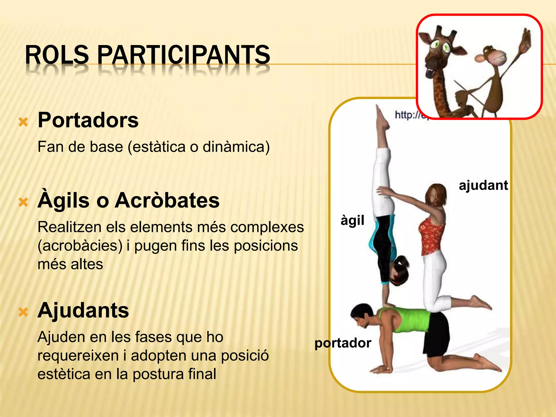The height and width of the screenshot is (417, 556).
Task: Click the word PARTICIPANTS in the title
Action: (x=184, y=55)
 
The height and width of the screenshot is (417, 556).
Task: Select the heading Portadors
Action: (x=88, y=120)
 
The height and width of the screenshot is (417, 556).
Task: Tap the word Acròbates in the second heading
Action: (x=167, y=200)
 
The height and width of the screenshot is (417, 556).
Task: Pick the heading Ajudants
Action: (x=83, y=310)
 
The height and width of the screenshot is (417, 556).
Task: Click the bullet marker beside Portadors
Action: (x=23, y=122)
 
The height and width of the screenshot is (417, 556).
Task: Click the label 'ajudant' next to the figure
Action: (x=483, y=186)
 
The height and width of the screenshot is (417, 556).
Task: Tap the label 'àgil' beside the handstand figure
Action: (x=352, y=220)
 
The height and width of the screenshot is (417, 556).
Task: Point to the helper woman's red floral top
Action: (x=432, y=236)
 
